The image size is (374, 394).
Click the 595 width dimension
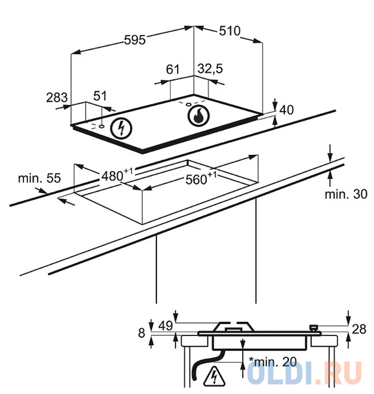(134, 39)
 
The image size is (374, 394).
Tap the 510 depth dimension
(229, 31)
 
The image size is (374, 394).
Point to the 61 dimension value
(173, 69)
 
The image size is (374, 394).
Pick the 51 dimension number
(100, 96)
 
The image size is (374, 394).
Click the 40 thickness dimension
(287, 109)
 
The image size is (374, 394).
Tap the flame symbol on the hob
(198, 115)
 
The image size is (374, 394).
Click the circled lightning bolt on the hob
(121, 128)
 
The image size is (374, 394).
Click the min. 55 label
(39, 178)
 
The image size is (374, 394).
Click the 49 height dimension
(165, 326)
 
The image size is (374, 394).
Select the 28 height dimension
(358, 329)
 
